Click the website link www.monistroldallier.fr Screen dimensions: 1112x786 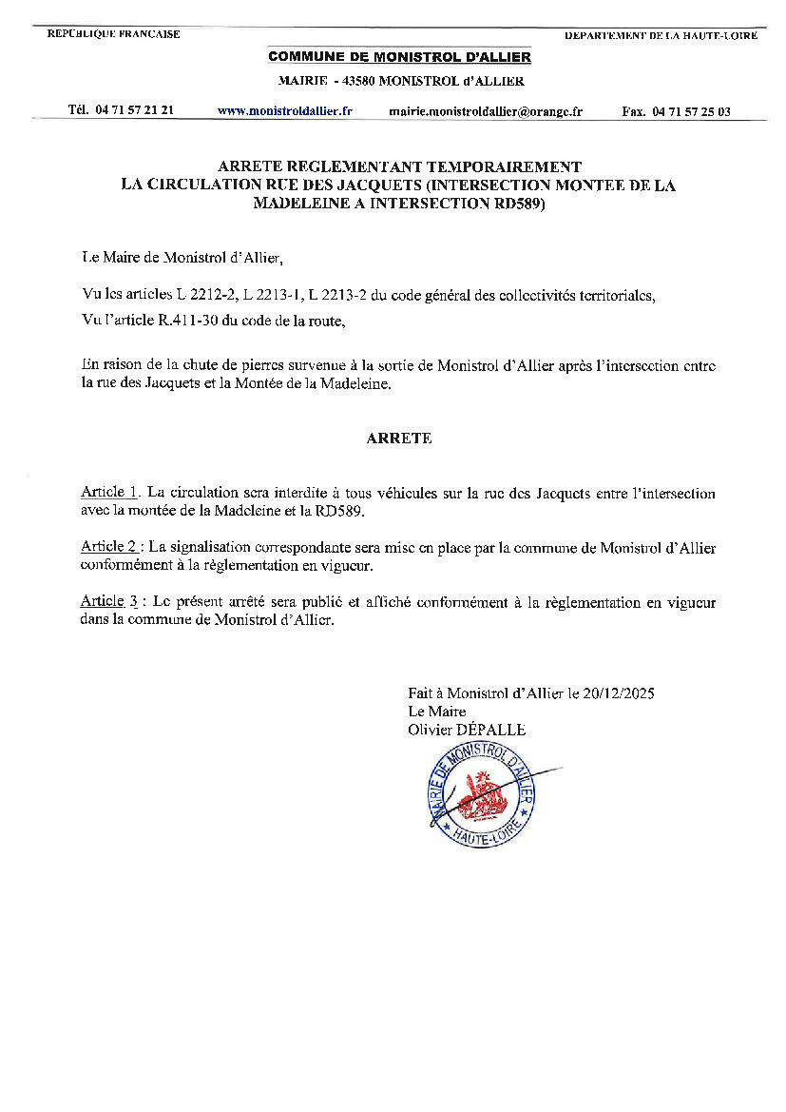[x=284, y=110]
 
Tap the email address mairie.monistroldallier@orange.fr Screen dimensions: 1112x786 [x=486, y=111]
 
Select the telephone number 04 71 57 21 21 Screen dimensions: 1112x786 [x=134, y=110]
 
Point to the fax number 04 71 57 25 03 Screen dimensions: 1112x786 [x=691, y=111]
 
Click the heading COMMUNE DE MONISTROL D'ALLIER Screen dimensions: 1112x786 [x=399, y=57]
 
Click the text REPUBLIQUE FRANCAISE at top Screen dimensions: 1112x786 [x=113, y=34]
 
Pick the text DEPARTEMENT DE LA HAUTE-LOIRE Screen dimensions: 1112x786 [x=661, y=35]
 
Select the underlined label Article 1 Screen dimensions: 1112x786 [x=110, y=492]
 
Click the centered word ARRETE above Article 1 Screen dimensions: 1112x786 [x=399, y=439]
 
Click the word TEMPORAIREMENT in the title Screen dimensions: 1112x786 [x=511, y=166]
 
